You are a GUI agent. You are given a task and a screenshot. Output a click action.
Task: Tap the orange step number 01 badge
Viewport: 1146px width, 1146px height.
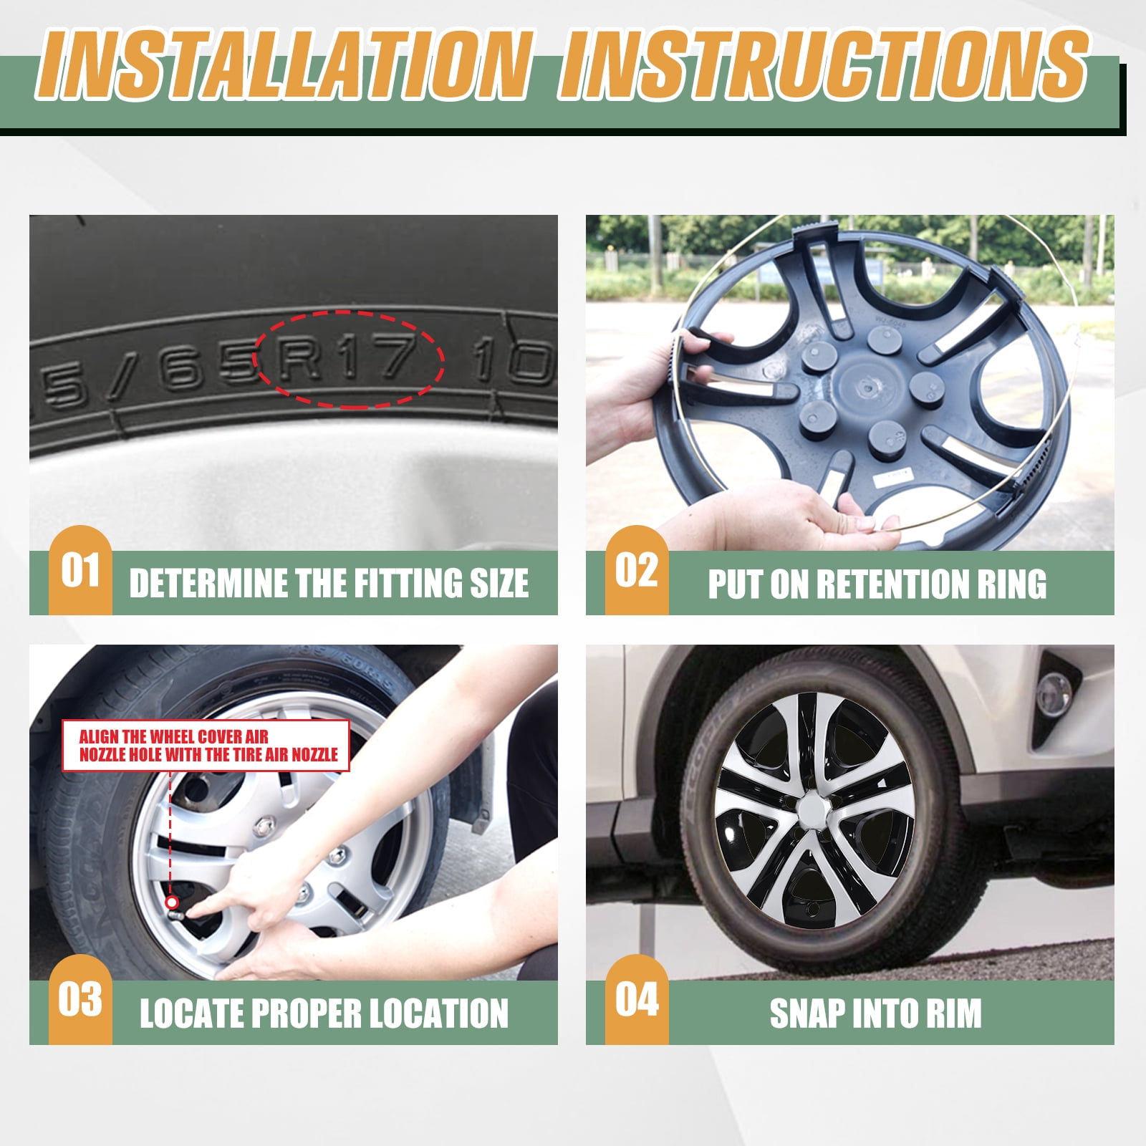(80, 571)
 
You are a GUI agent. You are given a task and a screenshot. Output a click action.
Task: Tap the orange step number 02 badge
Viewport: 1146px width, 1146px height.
(637, 571)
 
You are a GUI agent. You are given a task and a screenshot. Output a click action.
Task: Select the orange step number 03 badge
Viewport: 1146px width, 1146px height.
(80, 1000)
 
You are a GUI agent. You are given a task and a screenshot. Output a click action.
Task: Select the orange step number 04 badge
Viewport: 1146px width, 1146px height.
(637, 1000)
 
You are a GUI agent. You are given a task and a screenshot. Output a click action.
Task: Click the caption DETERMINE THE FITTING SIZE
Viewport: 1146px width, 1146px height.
(329, 584)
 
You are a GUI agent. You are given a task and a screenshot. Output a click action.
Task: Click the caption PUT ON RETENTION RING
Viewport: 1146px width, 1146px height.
(877, 584)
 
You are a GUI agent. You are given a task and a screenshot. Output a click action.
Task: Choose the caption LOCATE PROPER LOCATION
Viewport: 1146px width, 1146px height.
(324, 1013)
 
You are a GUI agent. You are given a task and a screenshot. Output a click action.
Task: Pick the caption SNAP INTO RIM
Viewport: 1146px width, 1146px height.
(875, 1013)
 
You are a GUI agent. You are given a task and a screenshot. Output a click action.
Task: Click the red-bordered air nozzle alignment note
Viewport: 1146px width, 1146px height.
(206, 746)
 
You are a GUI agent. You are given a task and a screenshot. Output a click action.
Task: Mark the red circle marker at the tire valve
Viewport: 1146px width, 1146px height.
(172, 902)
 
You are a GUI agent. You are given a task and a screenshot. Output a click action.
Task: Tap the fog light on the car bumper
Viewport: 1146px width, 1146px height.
(1054, 693)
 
